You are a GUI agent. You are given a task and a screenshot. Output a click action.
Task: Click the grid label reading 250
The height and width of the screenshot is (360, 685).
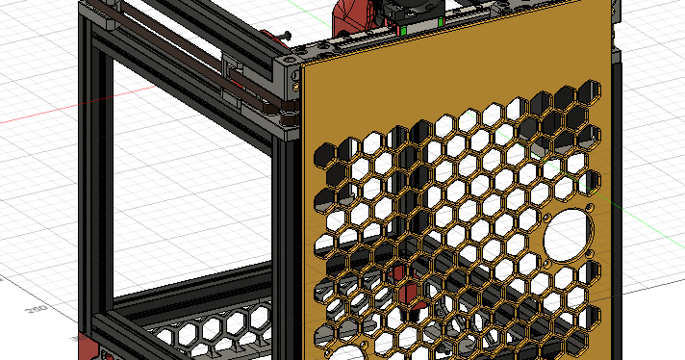[37, 310]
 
